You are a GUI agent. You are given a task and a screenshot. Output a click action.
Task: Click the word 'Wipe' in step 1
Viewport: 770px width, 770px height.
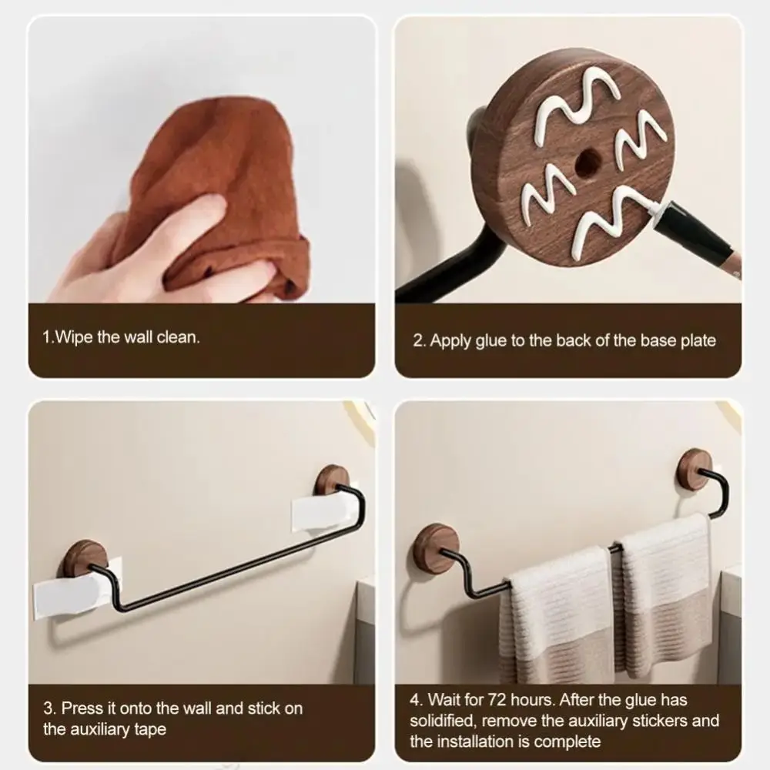[76, 336]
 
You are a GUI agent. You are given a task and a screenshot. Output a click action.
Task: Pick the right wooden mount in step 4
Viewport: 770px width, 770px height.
[695, 468]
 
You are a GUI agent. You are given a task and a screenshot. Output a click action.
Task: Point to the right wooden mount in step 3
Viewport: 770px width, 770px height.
[333, 481]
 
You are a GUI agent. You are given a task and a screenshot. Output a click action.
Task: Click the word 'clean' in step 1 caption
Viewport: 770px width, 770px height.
[177, 336]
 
